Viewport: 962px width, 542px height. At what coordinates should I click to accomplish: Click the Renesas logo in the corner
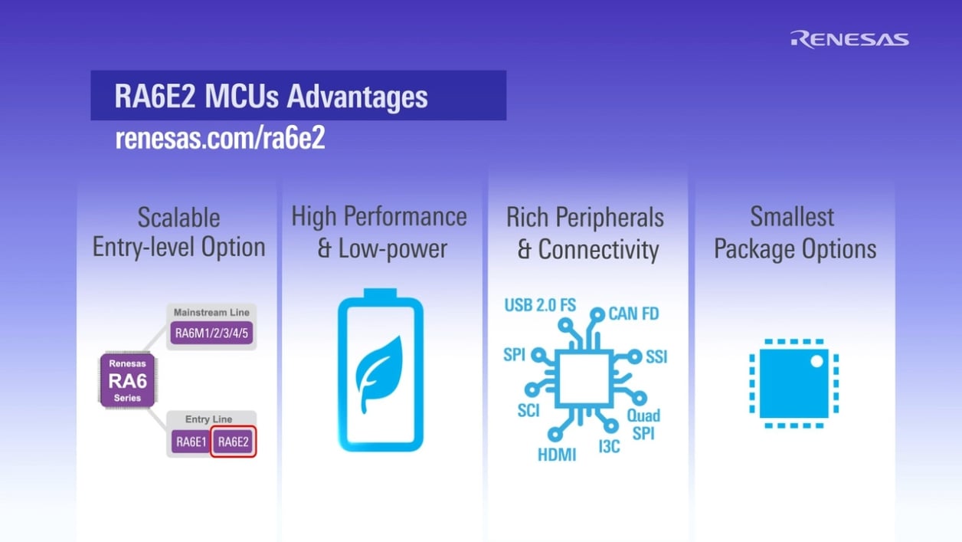pos(849,39)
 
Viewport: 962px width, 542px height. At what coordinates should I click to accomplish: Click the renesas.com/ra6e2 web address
pos(220,139)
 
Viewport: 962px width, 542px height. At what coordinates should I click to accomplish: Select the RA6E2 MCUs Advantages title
pos(271,97)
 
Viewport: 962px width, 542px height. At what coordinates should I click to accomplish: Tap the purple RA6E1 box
pos(190,441)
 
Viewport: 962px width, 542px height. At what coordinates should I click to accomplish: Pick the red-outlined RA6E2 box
pos(233,441)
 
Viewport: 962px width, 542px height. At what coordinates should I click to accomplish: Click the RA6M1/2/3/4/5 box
pos(211,333)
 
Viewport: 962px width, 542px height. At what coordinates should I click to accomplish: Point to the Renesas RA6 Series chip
pos(127,379)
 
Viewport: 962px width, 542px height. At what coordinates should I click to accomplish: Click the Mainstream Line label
pos(211,313)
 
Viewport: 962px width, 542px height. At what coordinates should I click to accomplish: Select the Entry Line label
pos(208,419)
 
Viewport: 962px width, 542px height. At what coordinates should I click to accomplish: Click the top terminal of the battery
pos(381,294)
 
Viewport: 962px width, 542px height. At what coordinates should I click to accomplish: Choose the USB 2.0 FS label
pos(539,305)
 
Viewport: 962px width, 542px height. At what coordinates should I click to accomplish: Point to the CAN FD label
pos(633,314)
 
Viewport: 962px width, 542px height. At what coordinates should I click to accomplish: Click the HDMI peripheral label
pos(556,455)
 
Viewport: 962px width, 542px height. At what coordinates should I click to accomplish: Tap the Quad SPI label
pos(643,424)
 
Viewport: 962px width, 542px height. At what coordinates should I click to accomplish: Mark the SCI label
pos(528,410)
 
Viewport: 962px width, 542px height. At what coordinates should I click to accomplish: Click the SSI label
pos(656,356)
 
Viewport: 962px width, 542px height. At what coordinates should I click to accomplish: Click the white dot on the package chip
pos(816,360)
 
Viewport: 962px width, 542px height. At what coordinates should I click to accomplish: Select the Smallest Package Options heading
pos(794,233)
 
